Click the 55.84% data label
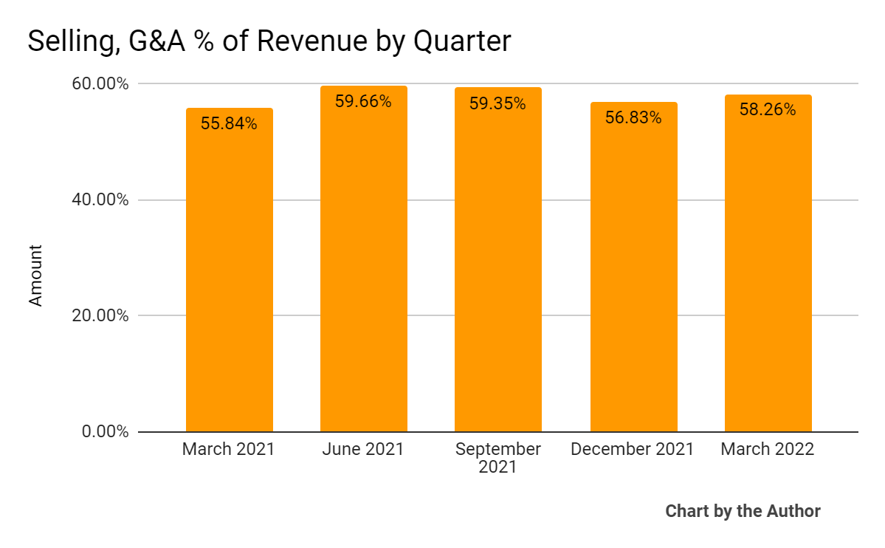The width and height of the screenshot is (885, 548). [x=229, y=124]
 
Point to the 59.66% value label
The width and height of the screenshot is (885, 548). [x=363, y=102]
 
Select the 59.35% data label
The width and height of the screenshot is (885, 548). [x=497, y=103]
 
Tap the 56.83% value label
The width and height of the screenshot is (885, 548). [x=633, y=118]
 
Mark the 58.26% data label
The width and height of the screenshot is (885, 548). [x=768, y=110]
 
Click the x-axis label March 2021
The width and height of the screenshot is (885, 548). [x=228, y=449]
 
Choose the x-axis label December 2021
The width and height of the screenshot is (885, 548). [x=633, y=449]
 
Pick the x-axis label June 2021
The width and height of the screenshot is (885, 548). [x=363, y=449]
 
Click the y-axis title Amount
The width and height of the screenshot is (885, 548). [x=35, y=275]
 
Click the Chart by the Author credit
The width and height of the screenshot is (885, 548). [x=743, y=511]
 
